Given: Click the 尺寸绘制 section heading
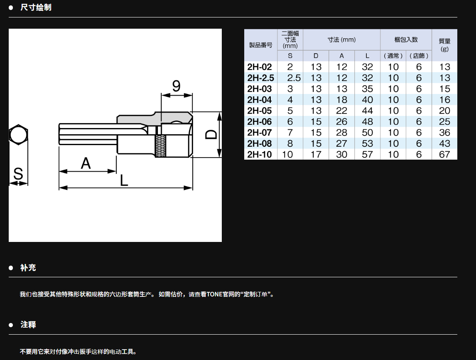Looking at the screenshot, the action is (36, 7).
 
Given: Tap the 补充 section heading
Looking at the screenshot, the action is (28, 268).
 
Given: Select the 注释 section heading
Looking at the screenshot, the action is (28, 325).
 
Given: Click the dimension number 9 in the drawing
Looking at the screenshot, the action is (177, 86).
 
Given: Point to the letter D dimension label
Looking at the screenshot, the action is (211, 135).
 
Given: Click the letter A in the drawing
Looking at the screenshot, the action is (86, 163).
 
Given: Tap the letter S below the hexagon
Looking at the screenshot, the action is (18, 174).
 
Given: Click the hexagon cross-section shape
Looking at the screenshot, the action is (19, 135).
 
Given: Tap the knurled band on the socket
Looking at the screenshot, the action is (161, 146).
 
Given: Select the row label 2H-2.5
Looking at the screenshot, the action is (260, 78).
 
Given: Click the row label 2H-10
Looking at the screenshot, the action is (260, 154).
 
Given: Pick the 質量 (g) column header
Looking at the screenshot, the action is (444, 44).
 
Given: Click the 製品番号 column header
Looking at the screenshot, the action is (261, 45).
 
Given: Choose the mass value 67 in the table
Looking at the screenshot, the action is (444, 154).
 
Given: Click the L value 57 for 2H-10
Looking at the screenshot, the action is (367, 154).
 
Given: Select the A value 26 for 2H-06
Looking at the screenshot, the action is (341, 121).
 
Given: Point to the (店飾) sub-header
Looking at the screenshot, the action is (419, 56).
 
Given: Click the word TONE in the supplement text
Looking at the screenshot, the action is (214, 294).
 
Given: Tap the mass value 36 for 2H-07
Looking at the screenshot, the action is (444, 133).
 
